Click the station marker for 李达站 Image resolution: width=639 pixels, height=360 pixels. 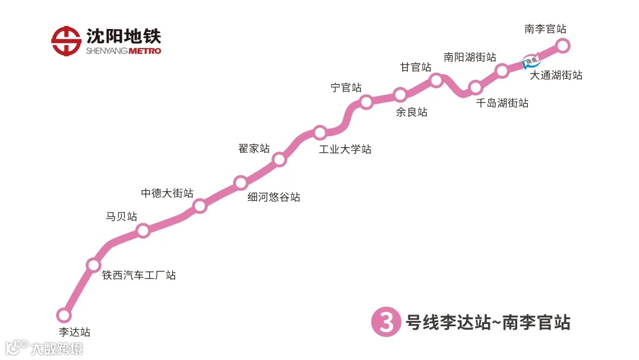(x=64, y=315)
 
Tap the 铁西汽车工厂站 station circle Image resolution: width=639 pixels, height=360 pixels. (x=93, y=265)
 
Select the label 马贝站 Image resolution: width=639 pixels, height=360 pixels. (x=121, y=217)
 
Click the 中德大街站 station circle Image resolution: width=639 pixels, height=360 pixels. (x=200, y=206)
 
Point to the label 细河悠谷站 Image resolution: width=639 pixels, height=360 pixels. (x=274, y=197)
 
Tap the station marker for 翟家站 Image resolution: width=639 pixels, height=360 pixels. (x=280, y=159)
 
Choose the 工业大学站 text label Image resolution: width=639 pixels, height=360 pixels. (x=345, y=149)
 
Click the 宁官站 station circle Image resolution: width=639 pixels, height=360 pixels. (x=366, y=102)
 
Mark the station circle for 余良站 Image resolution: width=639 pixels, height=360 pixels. (x=401, y=95)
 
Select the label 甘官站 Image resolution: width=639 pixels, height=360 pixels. (x=415, y=67)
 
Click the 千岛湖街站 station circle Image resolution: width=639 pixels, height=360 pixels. (x=476, y=88)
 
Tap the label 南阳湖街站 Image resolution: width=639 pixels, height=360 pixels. (x=470, y=57)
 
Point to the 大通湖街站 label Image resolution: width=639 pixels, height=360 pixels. (x=556, y=76)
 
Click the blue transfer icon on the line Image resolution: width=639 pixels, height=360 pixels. (x=531, y=61)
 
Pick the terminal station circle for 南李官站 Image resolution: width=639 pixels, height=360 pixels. (x=563, y=45)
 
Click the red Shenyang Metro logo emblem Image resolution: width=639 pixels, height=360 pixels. (x=66, y=40)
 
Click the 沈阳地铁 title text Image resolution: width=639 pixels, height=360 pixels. (x=124, y=36)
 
